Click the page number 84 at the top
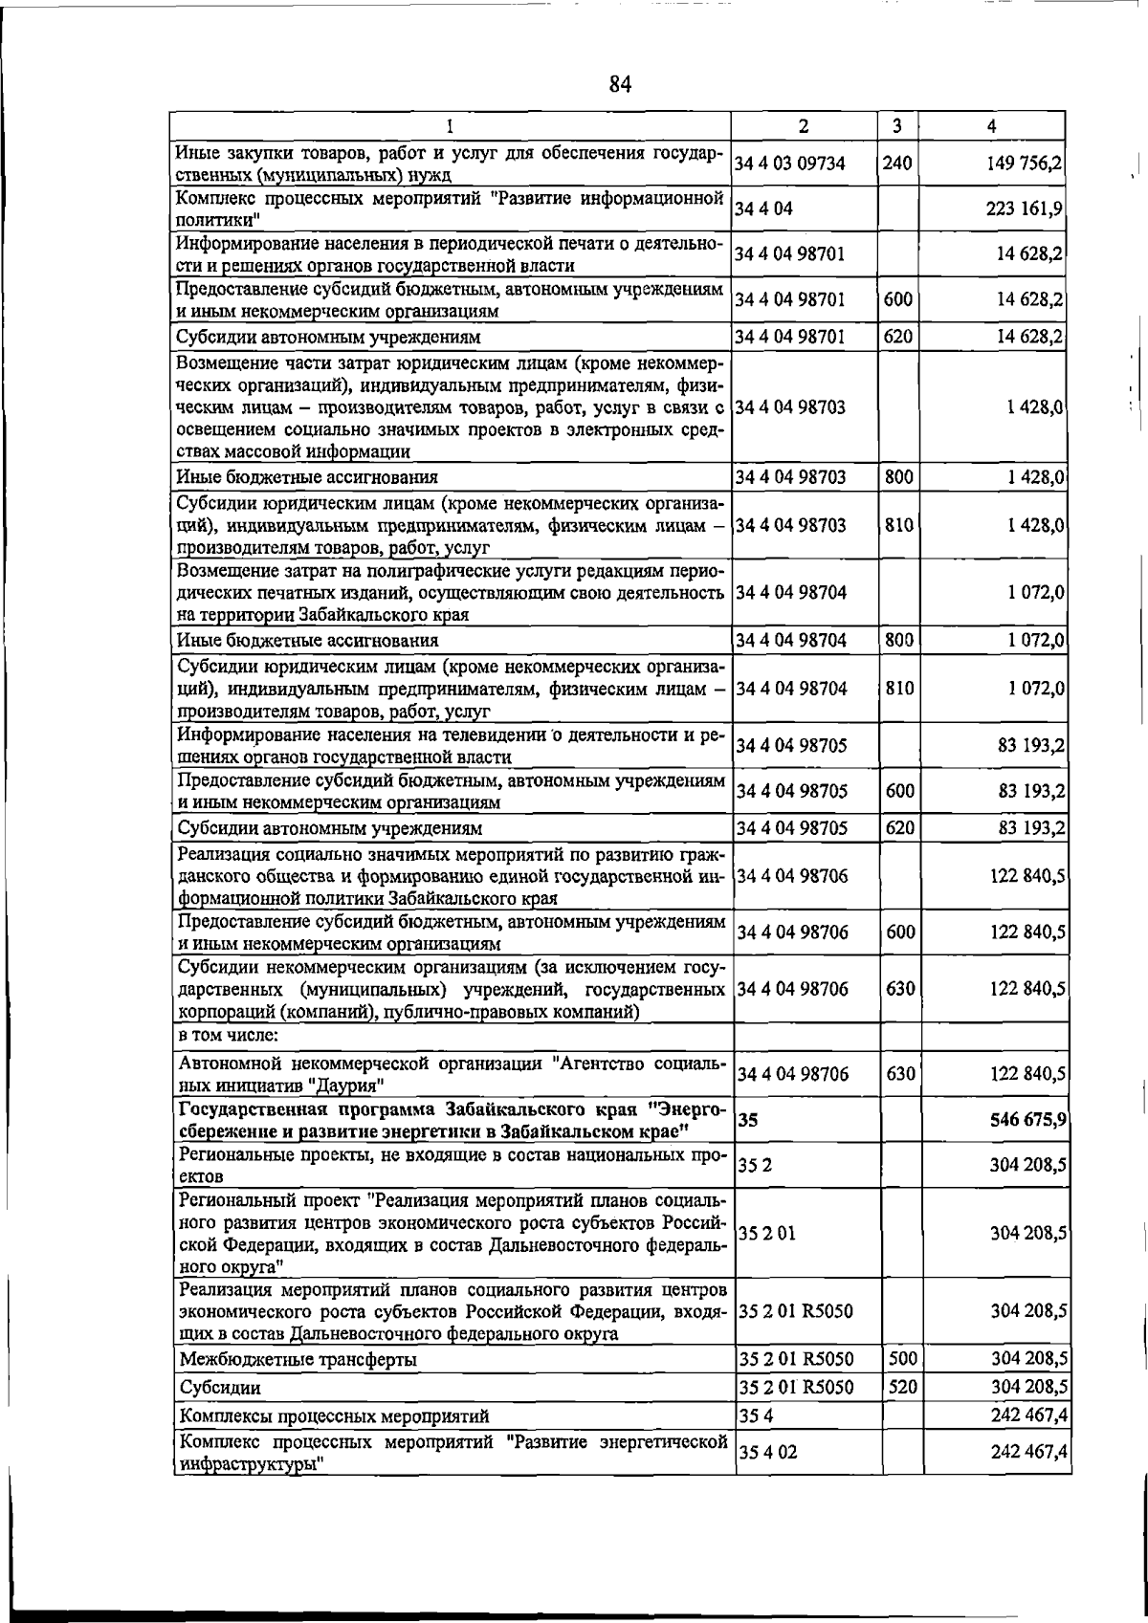coord(620,84)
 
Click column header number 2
coord(804,125)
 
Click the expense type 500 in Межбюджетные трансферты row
coord(900,1359)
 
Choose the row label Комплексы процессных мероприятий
coord(334,1416)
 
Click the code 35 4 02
coord(767,1452)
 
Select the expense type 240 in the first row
coord(897,164)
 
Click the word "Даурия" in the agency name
coord(352,1086)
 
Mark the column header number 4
coord(992,125)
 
